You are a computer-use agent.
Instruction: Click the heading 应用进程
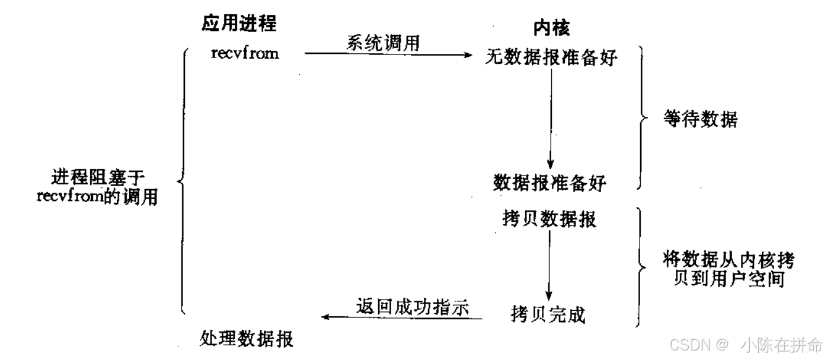239,24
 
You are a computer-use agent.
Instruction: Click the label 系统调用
384,43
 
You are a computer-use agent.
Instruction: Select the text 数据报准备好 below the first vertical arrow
550,183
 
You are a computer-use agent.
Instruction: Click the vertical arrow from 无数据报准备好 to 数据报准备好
551,119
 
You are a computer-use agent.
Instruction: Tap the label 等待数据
700,120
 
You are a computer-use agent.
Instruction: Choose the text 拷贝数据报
548,219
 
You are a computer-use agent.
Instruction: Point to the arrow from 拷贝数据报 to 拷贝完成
549,264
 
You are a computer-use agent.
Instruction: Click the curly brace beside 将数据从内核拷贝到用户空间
640,267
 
